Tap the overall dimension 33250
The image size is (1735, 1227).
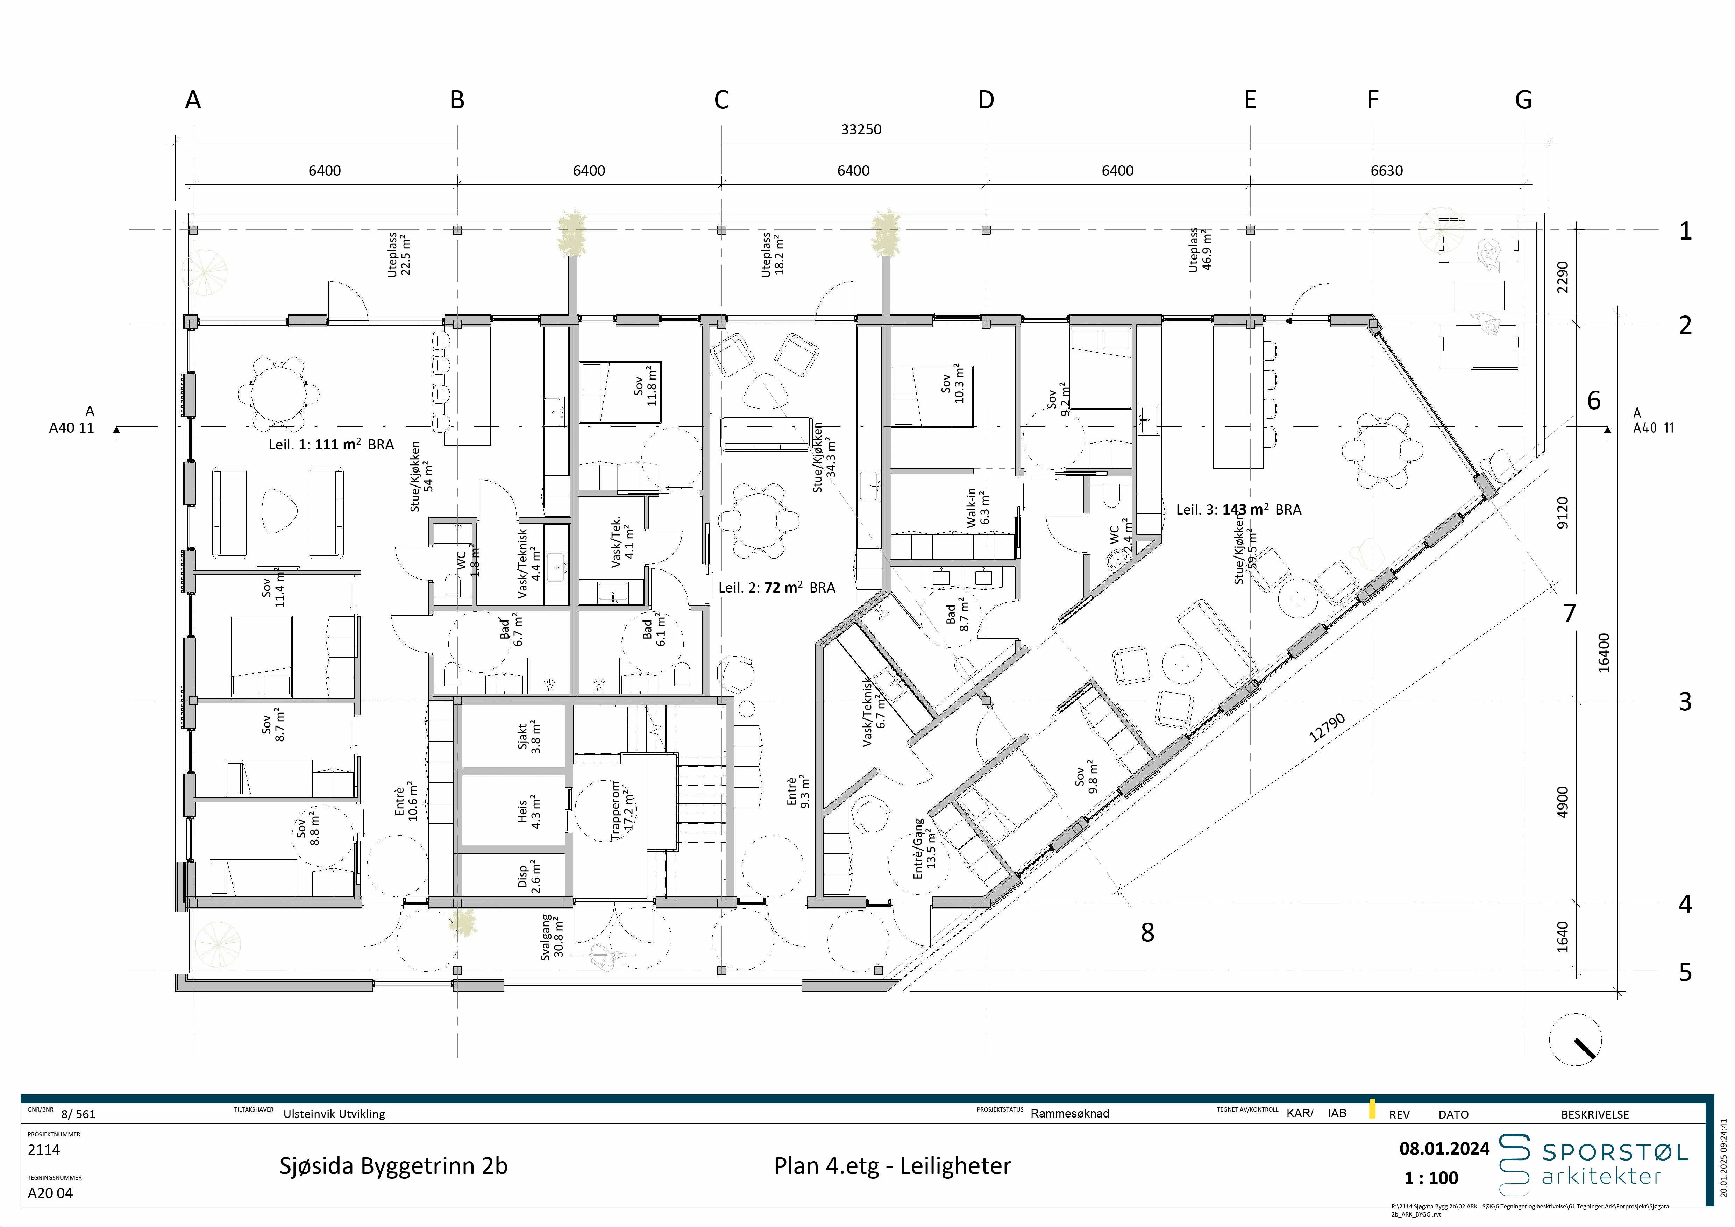pyautogui.click(x=861, y=129)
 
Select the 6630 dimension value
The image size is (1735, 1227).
pyautogui.click(x=1387, y=171)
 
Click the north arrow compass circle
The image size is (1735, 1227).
pyautogui.click(x=1576, y=1040)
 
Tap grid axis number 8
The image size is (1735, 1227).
pyautogui.click(x=1147, y=933)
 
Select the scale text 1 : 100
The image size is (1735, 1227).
pyautogui.click(x=1431, y=1178)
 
